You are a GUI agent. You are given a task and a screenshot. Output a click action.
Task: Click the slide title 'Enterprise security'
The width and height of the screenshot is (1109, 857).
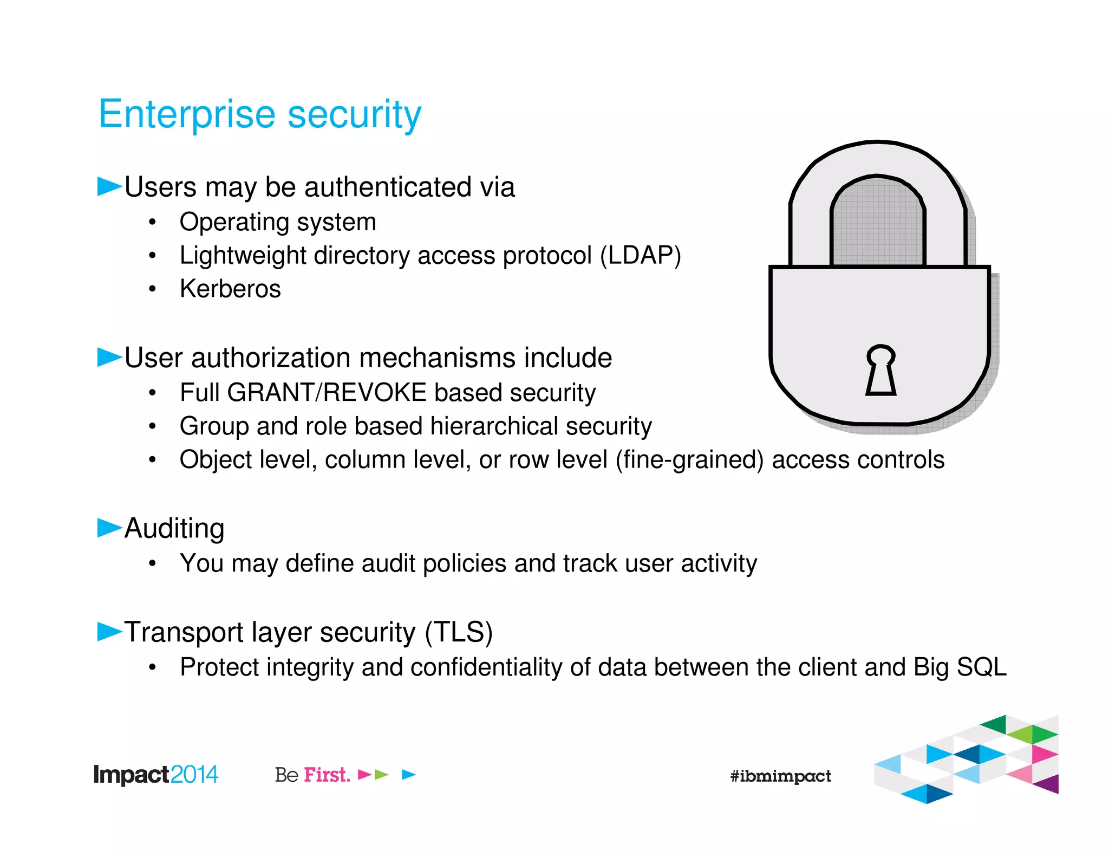[259, 115]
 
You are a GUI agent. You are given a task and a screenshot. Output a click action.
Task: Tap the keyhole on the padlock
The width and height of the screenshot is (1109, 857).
[880, 371]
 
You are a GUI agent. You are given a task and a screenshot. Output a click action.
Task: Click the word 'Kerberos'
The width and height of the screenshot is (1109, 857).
[230, 289]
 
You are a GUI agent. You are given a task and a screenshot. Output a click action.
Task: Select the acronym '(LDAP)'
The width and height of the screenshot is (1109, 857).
[640, 256]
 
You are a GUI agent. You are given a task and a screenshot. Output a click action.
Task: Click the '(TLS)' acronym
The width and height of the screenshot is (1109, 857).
[459, 632]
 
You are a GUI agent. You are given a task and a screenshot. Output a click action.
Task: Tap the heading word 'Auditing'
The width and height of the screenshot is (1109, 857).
[174, 528]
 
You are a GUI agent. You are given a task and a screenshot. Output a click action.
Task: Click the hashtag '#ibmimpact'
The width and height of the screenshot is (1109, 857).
[780, 776]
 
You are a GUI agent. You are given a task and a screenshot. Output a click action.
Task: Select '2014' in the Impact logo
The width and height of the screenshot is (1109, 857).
[194, 775]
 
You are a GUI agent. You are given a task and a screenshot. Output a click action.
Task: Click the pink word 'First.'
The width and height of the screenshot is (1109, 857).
[327, 775]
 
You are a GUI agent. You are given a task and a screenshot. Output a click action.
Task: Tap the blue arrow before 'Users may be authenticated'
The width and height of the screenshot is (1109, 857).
[109, 186]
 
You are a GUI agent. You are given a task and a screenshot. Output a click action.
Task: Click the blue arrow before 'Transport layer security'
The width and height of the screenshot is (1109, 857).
[109, 631]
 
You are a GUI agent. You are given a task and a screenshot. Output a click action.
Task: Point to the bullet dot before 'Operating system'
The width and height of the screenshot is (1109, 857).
[153, 222]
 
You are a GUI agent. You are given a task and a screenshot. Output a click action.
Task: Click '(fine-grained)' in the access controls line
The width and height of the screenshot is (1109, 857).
[689, 460]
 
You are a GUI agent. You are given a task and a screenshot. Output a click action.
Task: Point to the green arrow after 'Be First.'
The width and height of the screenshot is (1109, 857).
[382, 775]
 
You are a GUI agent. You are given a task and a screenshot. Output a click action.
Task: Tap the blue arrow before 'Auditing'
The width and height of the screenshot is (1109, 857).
[109, 528]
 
